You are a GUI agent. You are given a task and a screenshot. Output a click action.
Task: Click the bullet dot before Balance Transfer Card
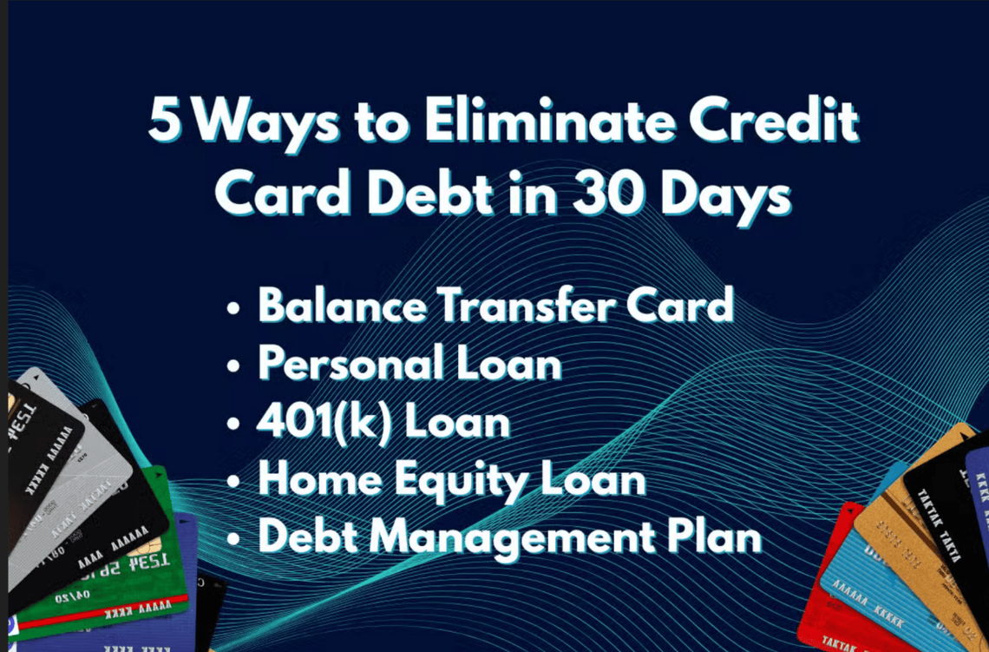(x=233, y=310)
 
